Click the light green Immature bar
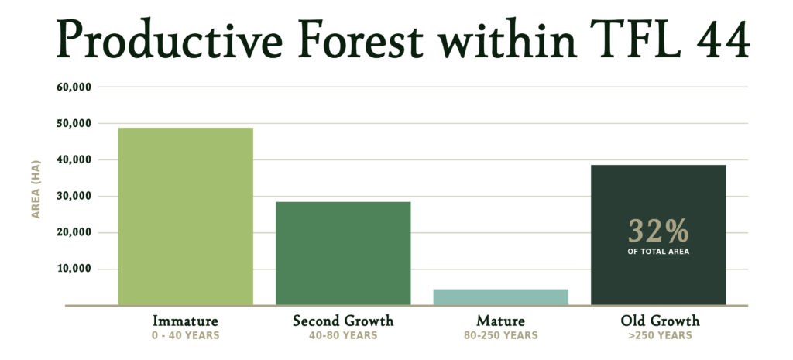click(x=186, y=217)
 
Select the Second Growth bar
click(x=343, y=253)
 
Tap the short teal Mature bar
click(x=501, y=297)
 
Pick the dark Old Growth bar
click(x=658, y=235)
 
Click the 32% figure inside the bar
click(x=658, y=231)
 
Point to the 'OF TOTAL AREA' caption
click(x=658, y=252)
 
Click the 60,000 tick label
click(x=74, y=87)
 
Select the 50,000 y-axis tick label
click(x=74, y=123)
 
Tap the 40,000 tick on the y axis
click(x=74, y=159)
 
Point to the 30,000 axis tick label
click(x=74, y=196)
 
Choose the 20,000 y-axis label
click(x=74, y=232)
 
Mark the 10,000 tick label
click(x=74, y=269)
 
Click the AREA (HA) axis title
click(x=36, y=189)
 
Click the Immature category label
click(x=186, y=321)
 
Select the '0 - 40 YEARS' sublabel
click(x=186, y=335)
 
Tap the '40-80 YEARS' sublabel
click(x=343, y=335)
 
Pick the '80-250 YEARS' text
click(x=501, y=335)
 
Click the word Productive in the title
click(x=170, y=39)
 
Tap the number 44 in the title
click(x=723, y=40)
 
